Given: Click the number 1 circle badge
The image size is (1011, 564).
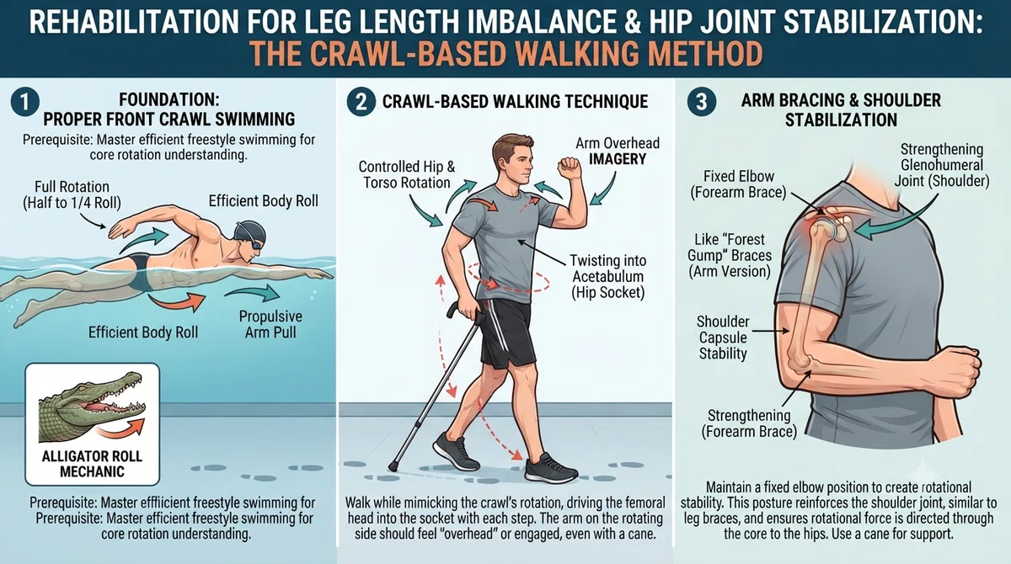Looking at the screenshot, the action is [x=24, y=102].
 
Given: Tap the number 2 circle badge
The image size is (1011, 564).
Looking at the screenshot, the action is [x=361, y=102].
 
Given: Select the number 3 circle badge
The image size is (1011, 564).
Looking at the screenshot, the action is [x=701, y=102].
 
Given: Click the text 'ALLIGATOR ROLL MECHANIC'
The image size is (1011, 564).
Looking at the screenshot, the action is [x=92, y=464].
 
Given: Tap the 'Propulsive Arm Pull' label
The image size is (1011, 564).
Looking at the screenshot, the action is [x=270, y=324].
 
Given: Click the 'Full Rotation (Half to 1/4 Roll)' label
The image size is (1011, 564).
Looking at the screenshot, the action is [x=72, y=194].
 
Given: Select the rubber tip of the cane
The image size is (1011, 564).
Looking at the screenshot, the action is [x=393, y=466].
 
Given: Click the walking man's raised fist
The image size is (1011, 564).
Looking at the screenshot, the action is [x=570, y=168].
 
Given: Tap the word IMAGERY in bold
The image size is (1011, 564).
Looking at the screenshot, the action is [x=618, y=159].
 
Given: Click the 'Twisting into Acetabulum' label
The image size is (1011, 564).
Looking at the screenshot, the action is [x=608, y=276].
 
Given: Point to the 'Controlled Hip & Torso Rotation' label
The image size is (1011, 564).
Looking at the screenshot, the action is [x=407, y=174].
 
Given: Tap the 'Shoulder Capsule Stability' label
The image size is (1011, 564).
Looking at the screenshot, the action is [x=723, y=338].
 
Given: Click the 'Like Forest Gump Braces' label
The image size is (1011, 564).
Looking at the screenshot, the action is [x=730, y=255].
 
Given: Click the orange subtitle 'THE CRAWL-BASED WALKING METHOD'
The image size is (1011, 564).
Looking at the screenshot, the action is [x=505, y=54].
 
